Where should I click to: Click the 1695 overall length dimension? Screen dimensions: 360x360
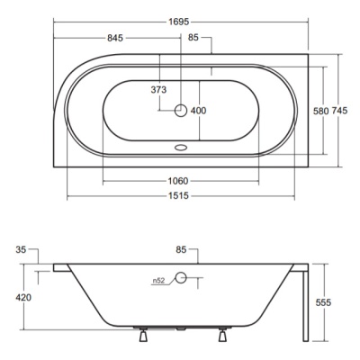tap(179, 22)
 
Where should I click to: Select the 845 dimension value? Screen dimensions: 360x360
tap(115, 38)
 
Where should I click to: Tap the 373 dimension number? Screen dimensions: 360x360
tap(158, 89)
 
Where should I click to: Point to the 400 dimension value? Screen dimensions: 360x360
tap(199, 111)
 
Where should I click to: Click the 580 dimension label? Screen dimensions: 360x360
tap(321, 111)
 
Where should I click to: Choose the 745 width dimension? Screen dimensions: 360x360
tap(339, 111)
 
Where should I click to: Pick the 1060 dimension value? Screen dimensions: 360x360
tap(178, 181)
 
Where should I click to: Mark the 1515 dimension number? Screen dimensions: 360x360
tap(178, 196)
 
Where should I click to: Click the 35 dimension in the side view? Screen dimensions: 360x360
tap(21, 249)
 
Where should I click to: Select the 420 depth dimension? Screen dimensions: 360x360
tap(23, 297)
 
